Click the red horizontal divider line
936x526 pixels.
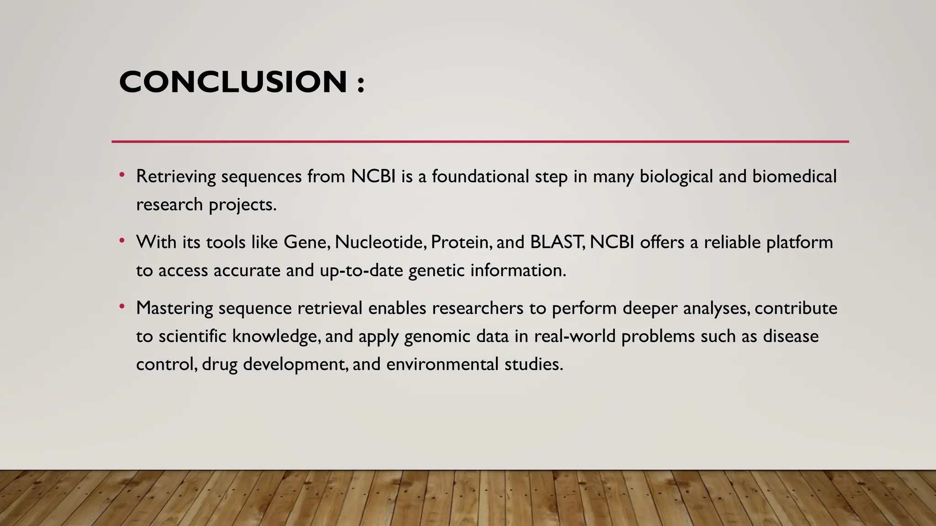(480, 142)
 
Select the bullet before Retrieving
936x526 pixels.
(122, 175)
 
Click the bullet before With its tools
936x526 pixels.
(122, 241)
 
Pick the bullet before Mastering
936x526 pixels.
(122, 307)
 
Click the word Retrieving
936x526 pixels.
(175, 177)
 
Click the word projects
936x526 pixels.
(242, 205)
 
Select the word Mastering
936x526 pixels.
(174, 309)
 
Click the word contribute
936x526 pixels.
(796, 308)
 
